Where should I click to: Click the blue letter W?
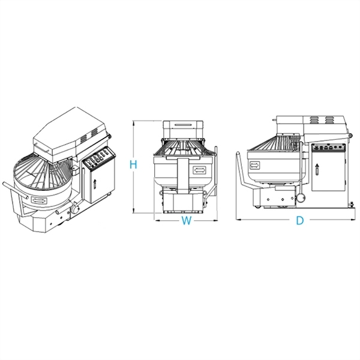click(x=187, y=221)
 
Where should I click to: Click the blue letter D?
click(x=300, y=221)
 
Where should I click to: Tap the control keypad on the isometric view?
click(x=97, y=161)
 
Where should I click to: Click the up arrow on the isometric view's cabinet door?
click(x=95, y=184)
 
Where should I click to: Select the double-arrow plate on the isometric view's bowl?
click(x=41, y=201)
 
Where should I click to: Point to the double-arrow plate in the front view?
click(x=199, y=170)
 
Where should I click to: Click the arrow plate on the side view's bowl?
click(x=254, y=163)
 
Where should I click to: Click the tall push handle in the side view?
click(x=239, y=171)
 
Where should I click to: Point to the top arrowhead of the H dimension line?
click(x=144, y=122)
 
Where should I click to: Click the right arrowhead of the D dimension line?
click(x=352, y=219)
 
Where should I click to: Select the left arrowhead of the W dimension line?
click(x=157, y=219)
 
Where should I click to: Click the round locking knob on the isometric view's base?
click(x=76, y=209)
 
